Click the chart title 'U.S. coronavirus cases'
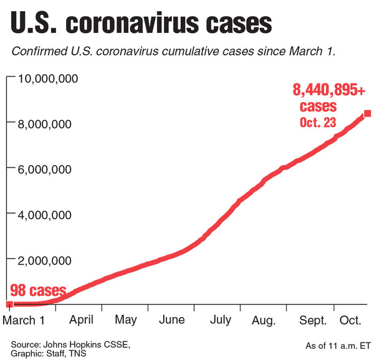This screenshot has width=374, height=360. [x=141, y=24]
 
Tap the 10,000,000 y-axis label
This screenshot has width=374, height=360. [x=47, y=78]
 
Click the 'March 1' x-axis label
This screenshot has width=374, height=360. [x=26, y=320]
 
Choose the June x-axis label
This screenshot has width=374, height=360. [x=171, y=320]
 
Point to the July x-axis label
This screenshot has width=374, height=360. [x=220, y=320]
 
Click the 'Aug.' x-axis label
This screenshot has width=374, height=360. [x=264, y=320]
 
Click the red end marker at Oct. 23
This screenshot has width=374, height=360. [x=368, y=113]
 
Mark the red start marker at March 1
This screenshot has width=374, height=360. [x=9, y=304]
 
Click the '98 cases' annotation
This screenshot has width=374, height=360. [x=37, y=291]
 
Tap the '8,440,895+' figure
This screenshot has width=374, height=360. [x=329, y=90]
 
